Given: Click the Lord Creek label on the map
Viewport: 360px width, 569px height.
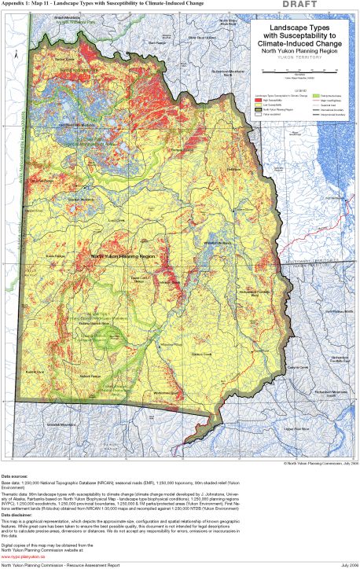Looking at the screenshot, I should click(x=116, y=221).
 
